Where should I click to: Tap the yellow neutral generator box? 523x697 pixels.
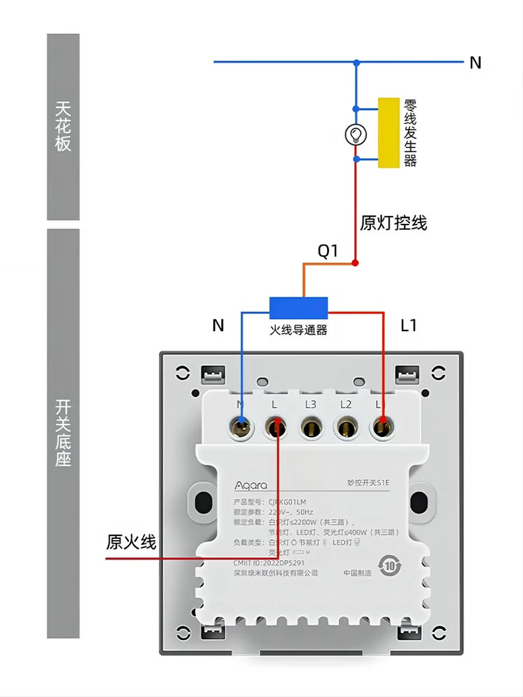click(388, 132)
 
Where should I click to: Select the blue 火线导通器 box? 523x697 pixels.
click(298, 307)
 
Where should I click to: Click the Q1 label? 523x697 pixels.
click(328, 252)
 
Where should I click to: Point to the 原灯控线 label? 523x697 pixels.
click(393, 223)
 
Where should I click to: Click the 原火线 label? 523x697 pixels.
click(131, 542)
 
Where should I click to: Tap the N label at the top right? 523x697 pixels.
click(476, 63)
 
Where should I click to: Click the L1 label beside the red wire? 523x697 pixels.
click(409, 325)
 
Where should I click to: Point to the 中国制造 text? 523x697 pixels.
click(358, 573)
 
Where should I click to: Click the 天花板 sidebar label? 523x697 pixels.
click(63, 126)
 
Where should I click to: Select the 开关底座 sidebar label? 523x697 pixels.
click(63, 432)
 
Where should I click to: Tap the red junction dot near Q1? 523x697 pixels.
click(355, 263)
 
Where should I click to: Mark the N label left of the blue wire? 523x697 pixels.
click(218, 325)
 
